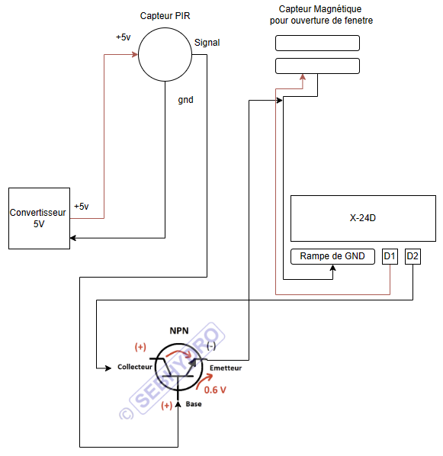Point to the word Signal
(x=207, y=43)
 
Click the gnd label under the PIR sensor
(x=185, y=100)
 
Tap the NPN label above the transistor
(x=179, y=331)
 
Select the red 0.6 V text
(x=215, y=390)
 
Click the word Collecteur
(x=135, y=367)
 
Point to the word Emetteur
(x=226, y=368)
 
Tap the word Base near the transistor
(x=194, y=404)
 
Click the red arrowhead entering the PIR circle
(x=135, y=54)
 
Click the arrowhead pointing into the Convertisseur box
(x=73, y=238)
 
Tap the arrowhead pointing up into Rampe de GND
(x=332, y=268)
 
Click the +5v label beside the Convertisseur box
(x=82, y=207)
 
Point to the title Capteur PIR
(x=165, y=16)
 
